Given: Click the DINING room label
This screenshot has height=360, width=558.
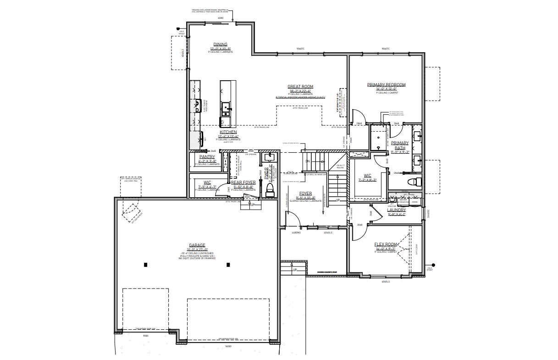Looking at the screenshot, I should pyautogui.click(x=221, y=44).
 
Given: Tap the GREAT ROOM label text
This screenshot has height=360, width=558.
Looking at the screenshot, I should pyautogui.click(x=300, y=86).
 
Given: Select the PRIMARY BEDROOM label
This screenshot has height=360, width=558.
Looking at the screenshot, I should pyautogui.click(x=386, y=85).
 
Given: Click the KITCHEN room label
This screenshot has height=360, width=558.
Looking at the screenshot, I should pyautogui.click(x=228, y=132).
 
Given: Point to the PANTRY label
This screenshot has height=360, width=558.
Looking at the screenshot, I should pyautogui.click(x=207, y=156).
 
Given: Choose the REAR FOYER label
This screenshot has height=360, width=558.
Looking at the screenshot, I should pyautogui.click(x=243, y=183).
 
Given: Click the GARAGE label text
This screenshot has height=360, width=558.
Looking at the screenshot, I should pyautogui.click(x=197, y=245).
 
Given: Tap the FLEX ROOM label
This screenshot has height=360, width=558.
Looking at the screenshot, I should pyautogui.click(x=385, y=244).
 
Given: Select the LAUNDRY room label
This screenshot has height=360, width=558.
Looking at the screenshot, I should pyautogui.click(x=396, y=210).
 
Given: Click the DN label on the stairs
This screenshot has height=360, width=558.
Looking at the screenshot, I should pyautogui.click(x=308, y=161).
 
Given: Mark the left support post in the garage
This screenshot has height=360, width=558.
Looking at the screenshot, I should pyautogui.click(x=145, y=265).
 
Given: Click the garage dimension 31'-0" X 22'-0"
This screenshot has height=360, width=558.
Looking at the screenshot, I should pyautogui.click(x=197, y=249).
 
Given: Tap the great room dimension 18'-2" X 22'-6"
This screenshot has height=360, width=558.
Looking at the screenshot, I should pyautogui.click(x=300, y=91).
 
